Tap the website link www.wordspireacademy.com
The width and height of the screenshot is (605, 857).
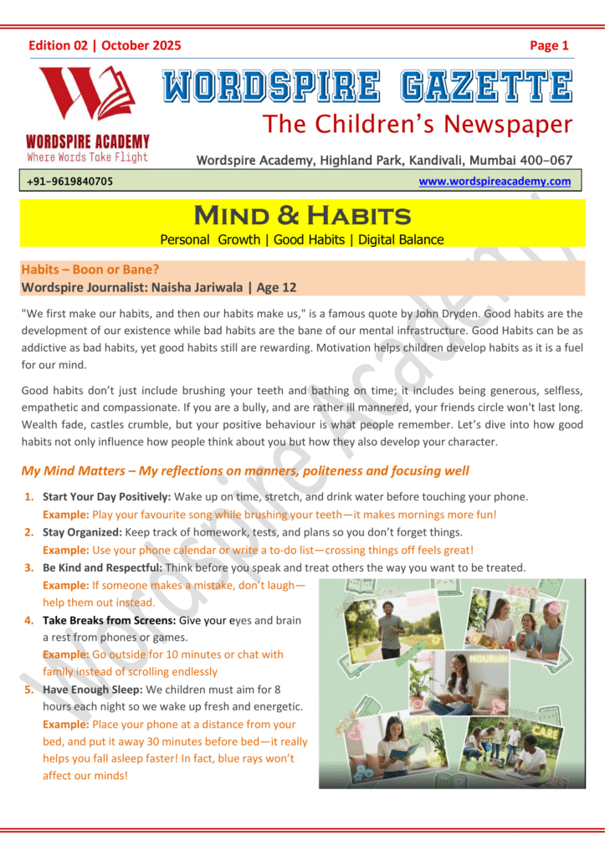495,181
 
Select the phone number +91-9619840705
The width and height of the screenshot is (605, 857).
70,182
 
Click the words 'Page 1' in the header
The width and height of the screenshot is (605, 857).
549,46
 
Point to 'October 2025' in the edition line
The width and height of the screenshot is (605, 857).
141,46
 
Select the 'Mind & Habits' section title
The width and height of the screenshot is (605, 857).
301,216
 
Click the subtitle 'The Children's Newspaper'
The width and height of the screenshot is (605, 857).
418,125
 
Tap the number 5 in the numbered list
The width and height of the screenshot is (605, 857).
28,690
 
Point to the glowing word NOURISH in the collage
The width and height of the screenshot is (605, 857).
490,658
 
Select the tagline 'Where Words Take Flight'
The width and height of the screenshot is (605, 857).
87,157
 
